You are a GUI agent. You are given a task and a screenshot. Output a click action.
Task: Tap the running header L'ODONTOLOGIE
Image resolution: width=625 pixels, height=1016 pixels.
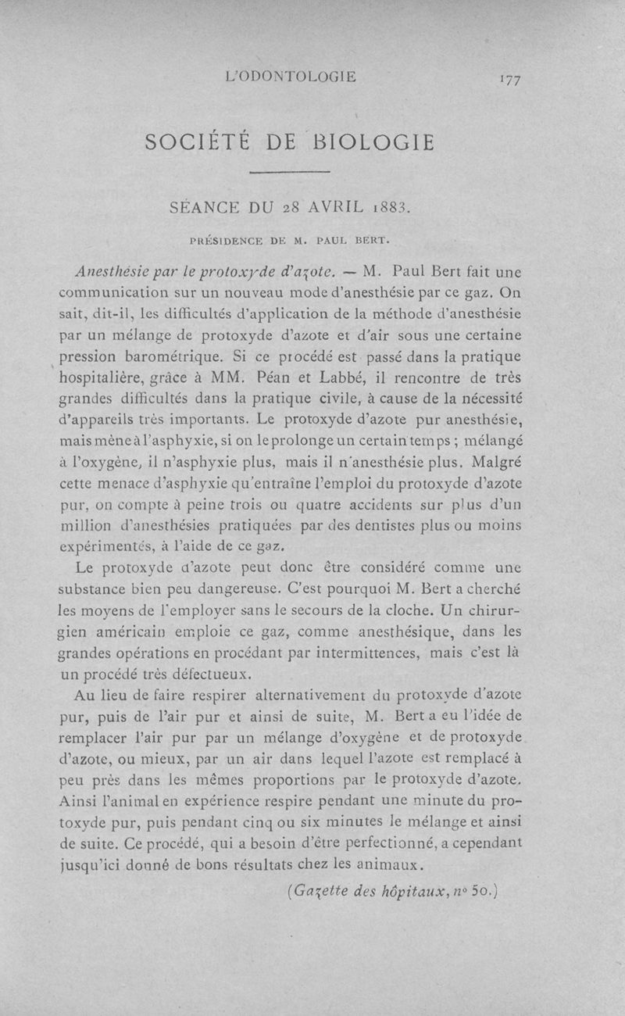coord(291,77)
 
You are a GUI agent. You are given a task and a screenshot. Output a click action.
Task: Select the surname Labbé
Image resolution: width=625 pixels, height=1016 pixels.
coord(325,377)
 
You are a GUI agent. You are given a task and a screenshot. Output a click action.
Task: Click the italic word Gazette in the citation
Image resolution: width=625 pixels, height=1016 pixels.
coord(318,890)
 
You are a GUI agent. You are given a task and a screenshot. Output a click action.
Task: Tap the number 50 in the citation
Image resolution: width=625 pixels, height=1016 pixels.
coord(479,889)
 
